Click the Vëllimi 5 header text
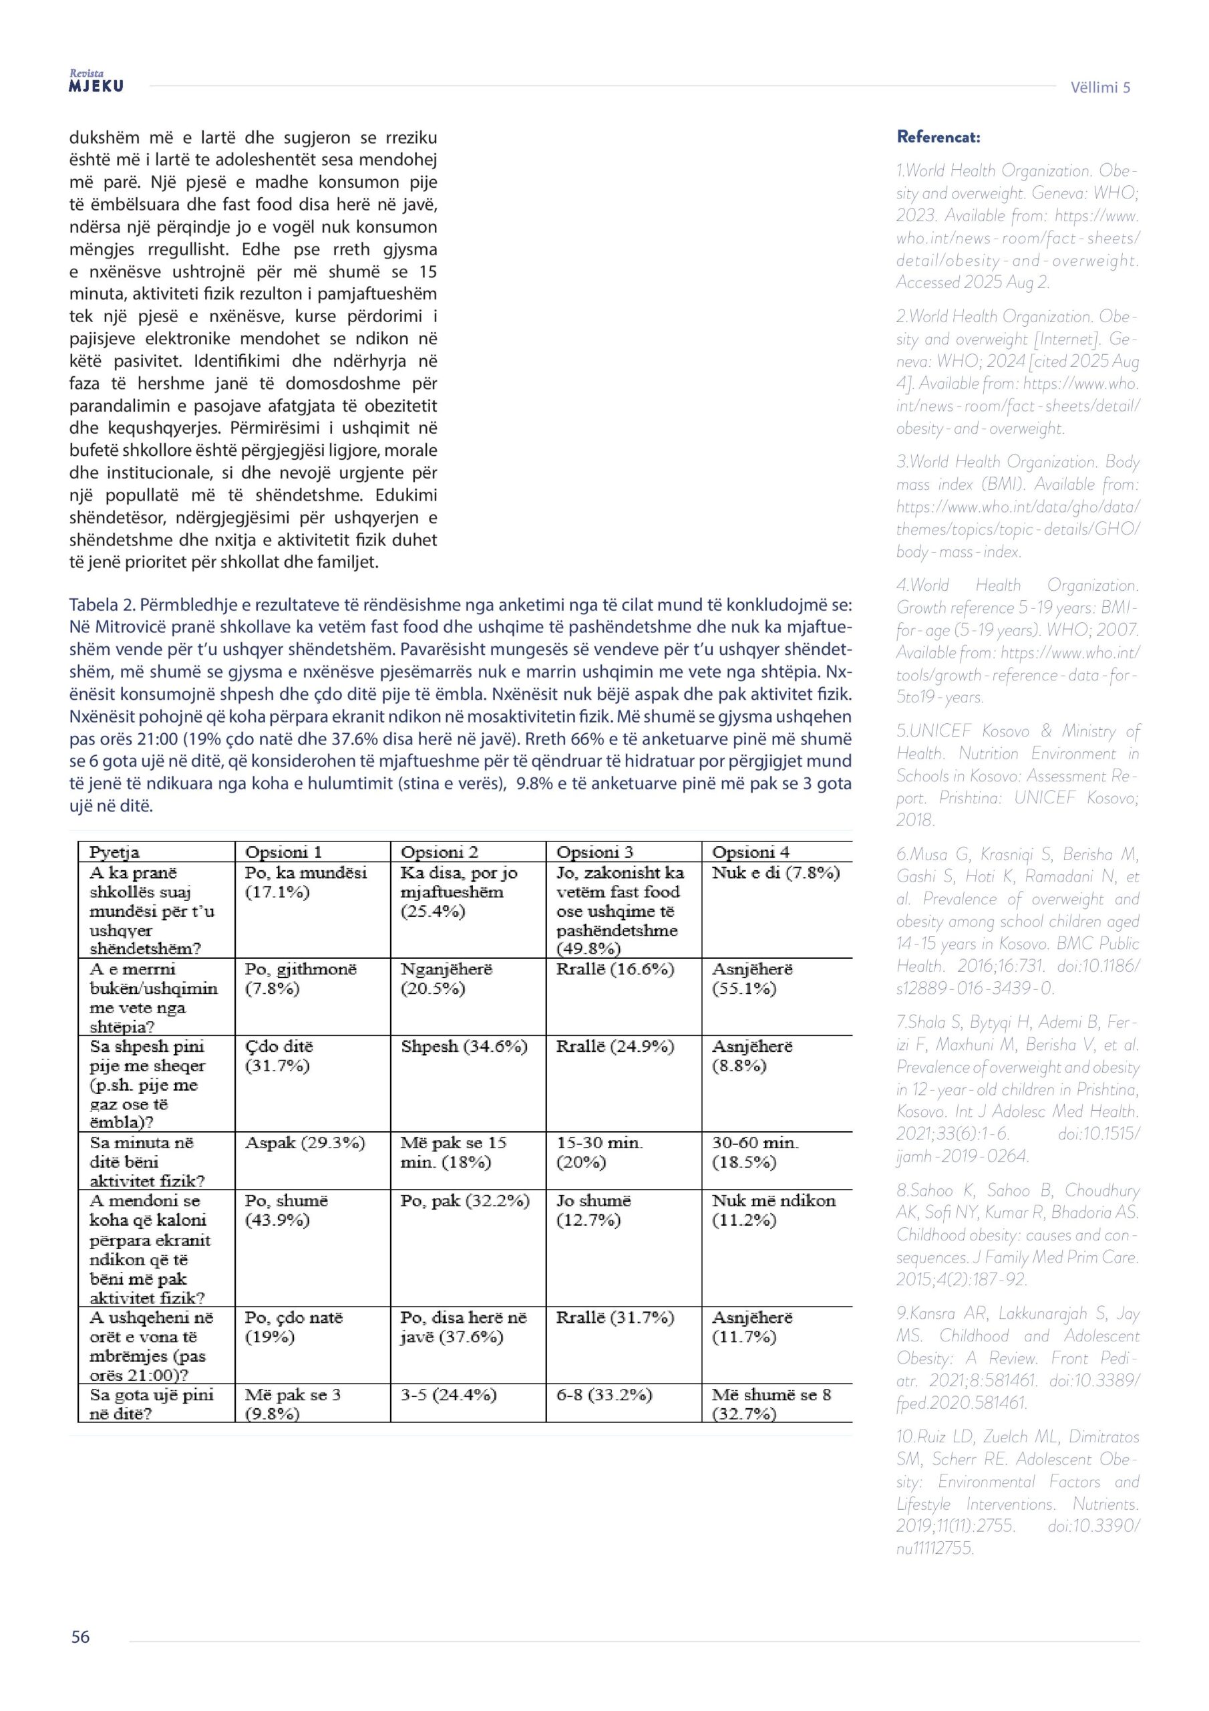point(1099,87)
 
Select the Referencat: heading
point(938,137)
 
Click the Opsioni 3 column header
point(594,851)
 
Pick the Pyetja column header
point(115,851)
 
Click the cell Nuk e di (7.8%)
point(775,873)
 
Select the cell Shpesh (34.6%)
point(464,1046)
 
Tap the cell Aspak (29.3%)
point(305,1142)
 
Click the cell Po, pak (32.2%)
point(465,1200)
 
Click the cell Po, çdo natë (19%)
point(293,1327)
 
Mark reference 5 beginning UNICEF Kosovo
point(1017,775)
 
